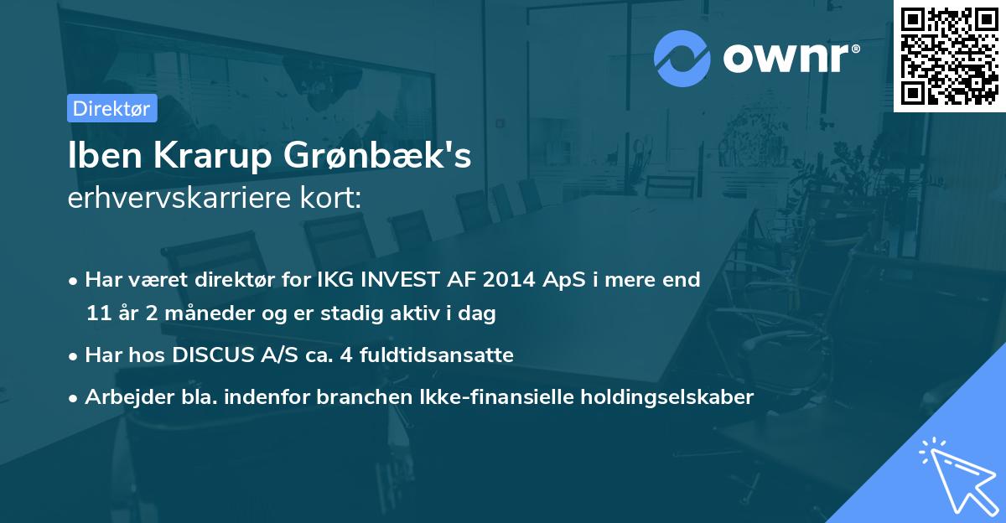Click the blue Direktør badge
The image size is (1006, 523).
pyautogui.click(x=111, y=108)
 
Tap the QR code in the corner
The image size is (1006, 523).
pyautogui.click(x=949, y=55)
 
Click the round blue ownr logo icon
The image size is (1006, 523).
pyautogui.click(x=682, y=59)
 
